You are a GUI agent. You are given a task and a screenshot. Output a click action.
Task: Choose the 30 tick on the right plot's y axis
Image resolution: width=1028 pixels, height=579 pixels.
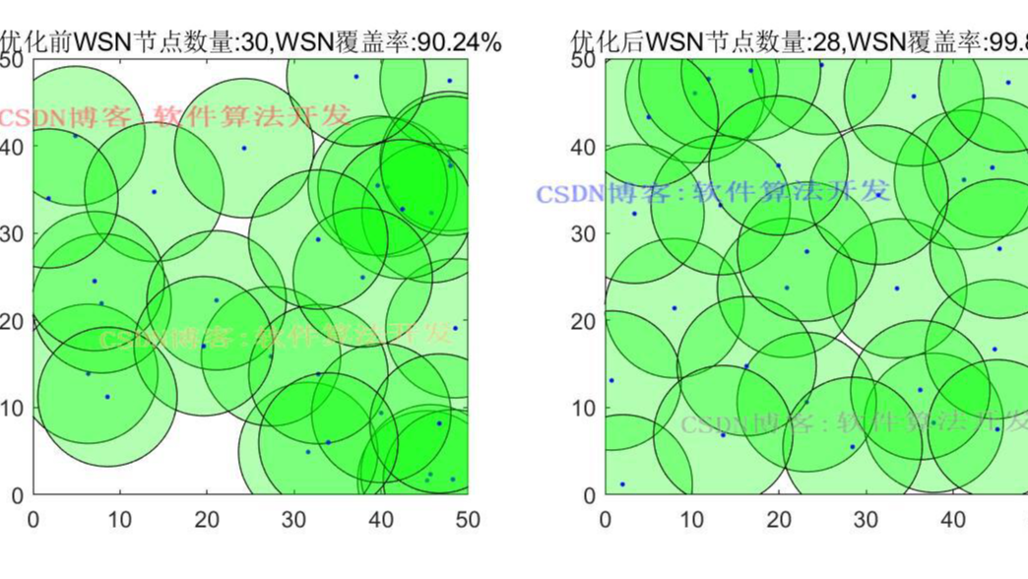click(x=582, y=234)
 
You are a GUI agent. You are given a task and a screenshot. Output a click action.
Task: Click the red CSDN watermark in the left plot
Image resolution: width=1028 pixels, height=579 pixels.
click(x=173, y=116)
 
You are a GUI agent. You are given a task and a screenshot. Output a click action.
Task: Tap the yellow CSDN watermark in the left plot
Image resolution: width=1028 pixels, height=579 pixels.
click(x=276, y=337)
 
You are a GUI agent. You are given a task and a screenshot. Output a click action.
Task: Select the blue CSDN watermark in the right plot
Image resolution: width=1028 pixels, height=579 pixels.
click(x=714, y=191)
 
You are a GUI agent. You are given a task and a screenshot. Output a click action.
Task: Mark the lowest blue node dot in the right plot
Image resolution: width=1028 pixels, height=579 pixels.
click(x=622, y=484)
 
